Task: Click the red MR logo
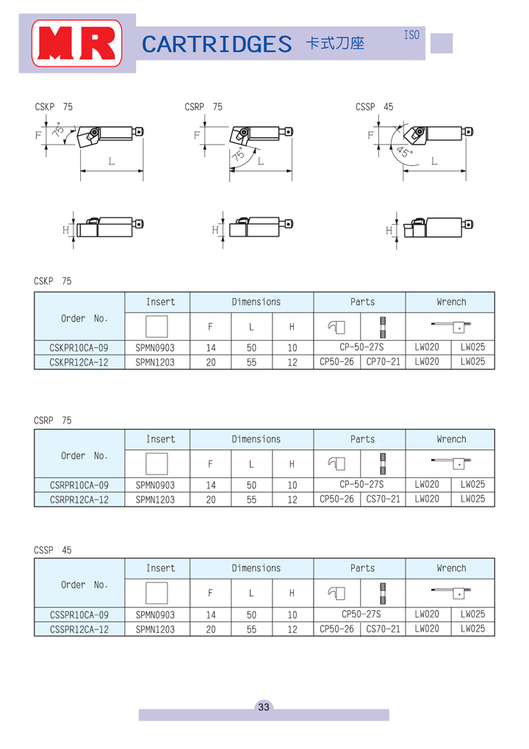(x=76, y=43)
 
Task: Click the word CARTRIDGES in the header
(x=217, y=44)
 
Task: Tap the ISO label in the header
(x=411, y=35)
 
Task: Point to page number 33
(x=264, y=707)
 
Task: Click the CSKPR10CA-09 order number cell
(x=79, y=348)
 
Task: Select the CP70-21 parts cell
(x=384, y=361)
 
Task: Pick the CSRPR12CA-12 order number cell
(x=79, y=499)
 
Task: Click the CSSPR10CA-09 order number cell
(x=79, y=615)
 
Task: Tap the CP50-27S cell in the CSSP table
(x=361, y=614)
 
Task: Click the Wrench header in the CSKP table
(x=451, y=302)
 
